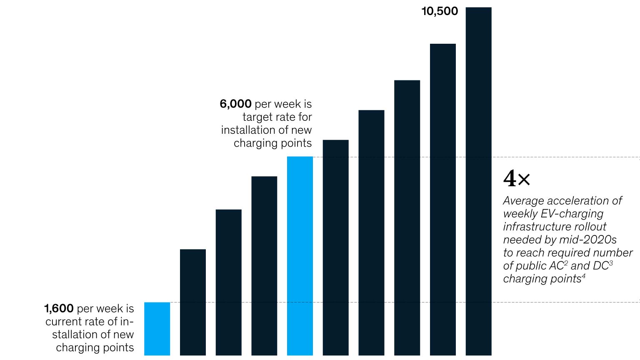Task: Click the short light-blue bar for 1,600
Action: [x=157, y=329]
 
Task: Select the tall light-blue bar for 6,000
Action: [x=300, y=256]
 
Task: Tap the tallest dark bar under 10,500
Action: [x=478, y=181]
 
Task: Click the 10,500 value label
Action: [x=440, y=11]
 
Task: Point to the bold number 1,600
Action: [x=59, y=309]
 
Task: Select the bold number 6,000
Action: [x=235, y=104]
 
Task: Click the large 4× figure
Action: [x=517, y=178]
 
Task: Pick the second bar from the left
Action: [x=193, y=302]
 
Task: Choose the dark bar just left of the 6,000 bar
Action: [x=264, y=266]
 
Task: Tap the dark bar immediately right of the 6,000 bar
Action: [x=336, y=247]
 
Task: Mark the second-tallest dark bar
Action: [x=443, y=200]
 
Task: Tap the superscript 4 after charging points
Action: [x=584, y=276]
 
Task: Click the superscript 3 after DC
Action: [x=611, y=263]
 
